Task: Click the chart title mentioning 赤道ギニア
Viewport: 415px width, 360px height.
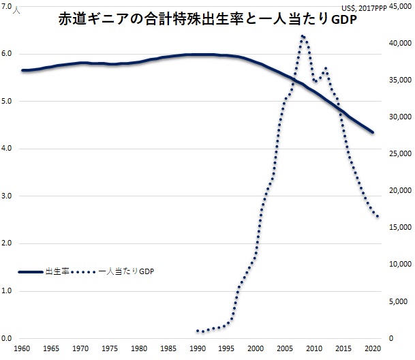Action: (x=208, y=20)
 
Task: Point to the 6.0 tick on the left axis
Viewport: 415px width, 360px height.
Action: (x=8, y=54)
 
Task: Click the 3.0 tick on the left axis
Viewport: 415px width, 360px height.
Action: (x=8, y=196)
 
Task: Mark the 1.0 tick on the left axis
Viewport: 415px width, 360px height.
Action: (x=8, y=291)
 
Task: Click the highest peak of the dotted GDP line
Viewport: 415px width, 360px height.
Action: (x=303, y=36)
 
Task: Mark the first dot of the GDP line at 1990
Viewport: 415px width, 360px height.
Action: (x=198, y=331)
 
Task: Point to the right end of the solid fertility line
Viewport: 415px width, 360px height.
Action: (x=373, y=132)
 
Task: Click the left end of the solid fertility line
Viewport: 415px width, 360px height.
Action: (x=22, y=70)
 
